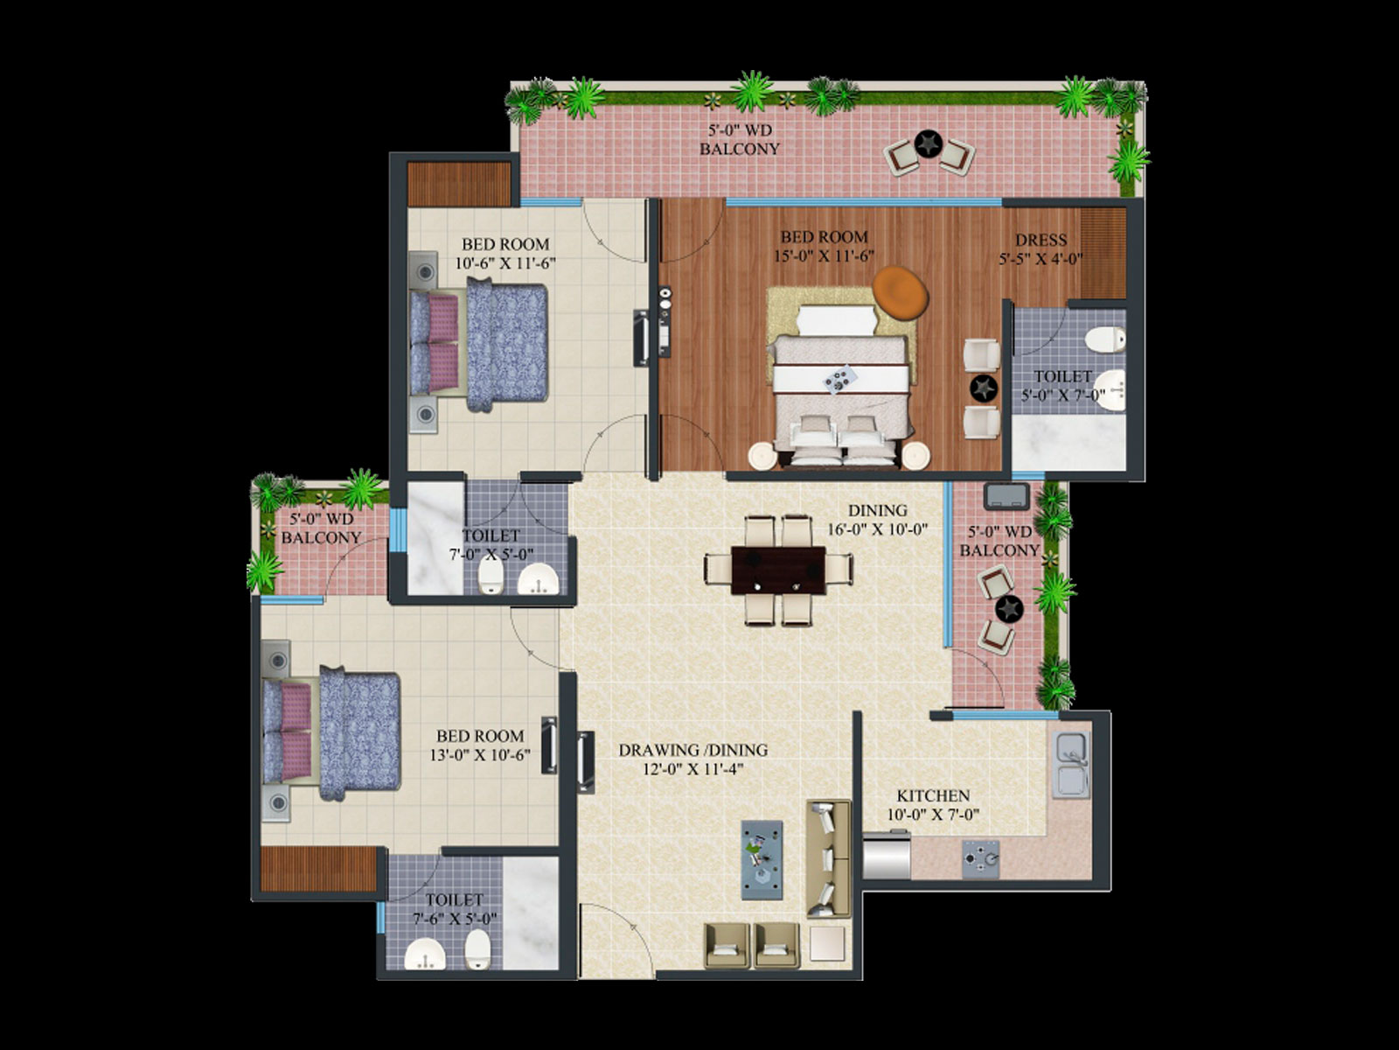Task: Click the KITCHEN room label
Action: pyautogui.click(x=933, y=795)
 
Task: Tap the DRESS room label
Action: pyautogui.click(x=1041, y=240)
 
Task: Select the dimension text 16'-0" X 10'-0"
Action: pyautogui.click(x=877, y=529)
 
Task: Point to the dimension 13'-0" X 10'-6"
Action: pyautogui.click(x=480, y=755)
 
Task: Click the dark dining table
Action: pyautogui.click(x=778, y=570)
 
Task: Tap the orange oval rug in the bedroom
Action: pyautogui.click(x=900, y=292)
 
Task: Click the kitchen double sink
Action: pyautogui.click(x=1071, y=765)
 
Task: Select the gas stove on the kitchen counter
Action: pyautogui.click(x=980, y=858)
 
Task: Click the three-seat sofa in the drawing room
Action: pyautogui.click(x=829, y=858)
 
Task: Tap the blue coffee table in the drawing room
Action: pyautogui.click(x=762, y=860)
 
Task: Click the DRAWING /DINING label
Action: pyautogui.click(x=693, y=750)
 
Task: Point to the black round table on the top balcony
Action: pyautogui.click(x=929, y=144)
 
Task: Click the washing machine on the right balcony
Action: pyautogui.click(x=1006, y=497)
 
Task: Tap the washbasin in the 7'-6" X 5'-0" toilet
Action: pyautogui.click(x=425, y=955)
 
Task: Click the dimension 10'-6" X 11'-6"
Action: pyautogui.click(x=505, y=263)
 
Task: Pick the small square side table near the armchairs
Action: pyautogui.click(x=827, y=943)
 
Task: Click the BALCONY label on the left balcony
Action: pyautogui.click(x=321, y=537)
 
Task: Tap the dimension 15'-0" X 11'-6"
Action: pyautogui.click(x=825, y=255)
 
